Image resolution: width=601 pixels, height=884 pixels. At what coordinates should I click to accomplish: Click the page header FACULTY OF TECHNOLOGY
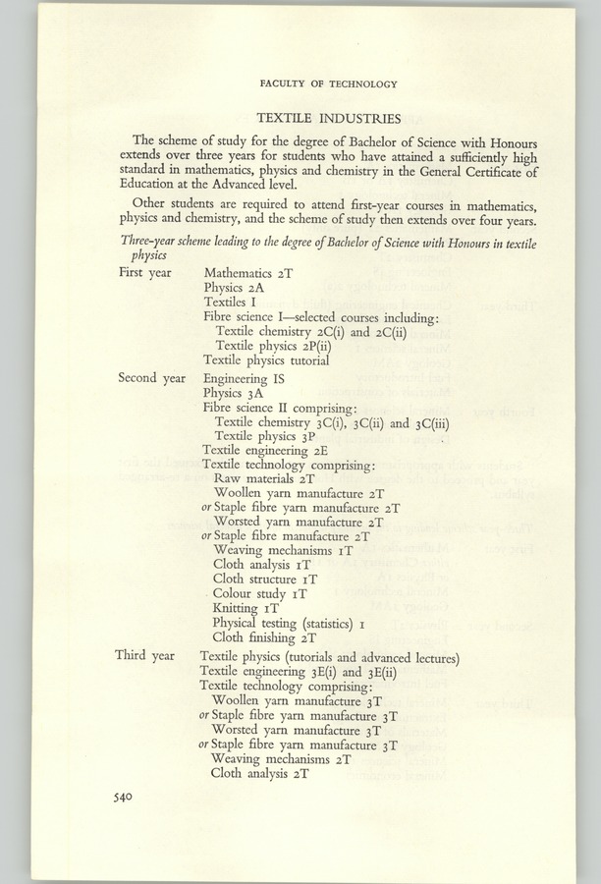click(328, 84)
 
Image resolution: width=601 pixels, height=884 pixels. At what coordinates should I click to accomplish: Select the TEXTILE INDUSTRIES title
click(328, 116)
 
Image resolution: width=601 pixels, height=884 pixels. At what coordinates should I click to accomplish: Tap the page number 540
click(123, 797)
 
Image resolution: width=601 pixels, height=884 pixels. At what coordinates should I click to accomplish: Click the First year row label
click(144, 271)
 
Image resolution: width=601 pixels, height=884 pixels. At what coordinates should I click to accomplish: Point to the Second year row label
click(151, 377)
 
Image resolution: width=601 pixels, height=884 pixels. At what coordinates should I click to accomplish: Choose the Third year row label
click(143, 655)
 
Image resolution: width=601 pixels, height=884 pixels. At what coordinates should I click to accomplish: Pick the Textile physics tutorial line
click(266, 359)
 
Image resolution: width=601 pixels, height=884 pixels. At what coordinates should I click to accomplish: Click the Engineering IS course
click(245, 377)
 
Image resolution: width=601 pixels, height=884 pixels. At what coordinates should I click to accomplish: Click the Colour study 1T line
click(260, 594)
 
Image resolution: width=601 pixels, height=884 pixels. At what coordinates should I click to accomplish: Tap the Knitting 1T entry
click(245, 609)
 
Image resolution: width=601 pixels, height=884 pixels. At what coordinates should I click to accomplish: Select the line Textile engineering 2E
click(258, 451)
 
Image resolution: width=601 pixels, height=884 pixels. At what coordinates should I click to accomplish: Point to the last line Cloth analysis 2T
click(260, 774)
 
